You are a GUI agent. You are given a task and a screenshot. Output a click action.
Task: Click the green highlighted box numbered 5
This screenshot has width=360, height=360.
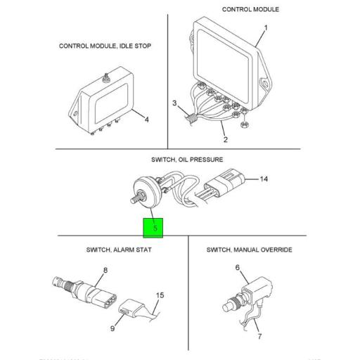click(x=153, y=227)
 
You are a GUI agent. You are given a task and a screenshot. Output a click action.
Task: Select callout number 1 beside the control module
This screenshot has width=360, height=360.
click(x=265, y=29)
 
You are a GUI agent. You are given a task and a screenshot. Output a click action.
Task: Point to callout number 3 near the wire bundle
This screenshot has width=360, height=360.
click(x=176, y=103)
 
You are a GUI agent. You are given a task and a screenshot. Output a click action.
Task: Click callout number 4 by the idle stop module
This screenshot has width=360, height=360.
click(x=146, y=120)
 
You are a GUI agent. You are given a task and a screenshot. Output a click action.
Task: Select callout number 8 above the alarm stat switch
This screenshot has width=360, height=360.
click(x=105, y=271)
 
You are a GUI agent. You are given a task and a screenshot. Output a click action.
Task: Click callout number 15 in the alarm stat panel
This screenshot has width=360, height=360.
click(x=160, y=295)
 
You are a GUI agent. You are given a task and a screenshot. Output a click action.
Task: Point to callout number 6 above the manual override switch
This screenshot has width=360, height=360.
click(x=237, y=267)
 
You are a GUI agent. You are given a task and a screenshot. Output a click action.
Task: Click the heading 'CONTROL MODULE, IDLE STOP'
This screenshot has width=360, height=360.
click(x=105, y=46)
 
